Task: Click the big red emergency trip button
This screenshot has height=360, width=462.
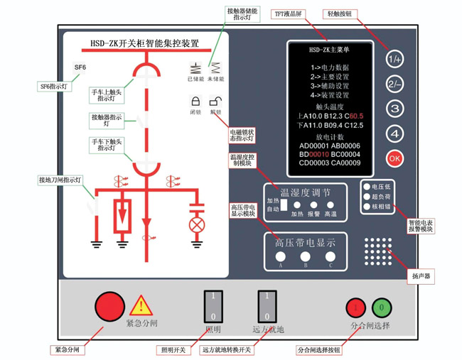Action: pos(109,306)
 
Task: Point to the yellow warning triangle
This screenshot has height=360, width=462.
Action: pos(141,305)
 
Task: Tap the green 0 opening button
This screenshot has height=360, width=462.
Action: pos(382,307)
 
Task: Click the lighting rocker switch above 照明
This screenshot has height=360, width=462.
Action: pos(213,307)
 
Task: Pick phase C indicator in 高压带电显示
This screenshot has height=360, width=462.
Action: pos(331,256)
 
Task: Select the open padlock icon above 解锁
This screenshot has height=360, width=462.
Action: pos(215,101)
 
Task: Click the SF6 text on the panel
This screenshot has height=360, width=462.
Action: pos(80,68)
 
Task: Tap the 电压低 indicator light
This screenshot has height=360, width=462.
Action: pos(367,187)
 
